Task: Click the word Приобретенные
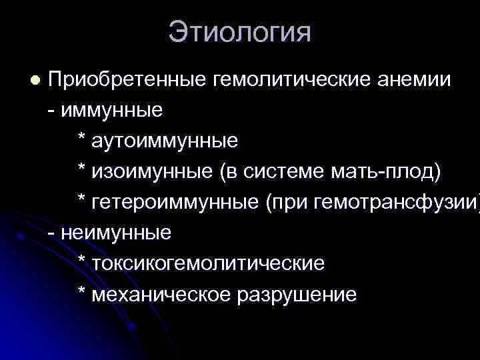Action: tap(128, 80)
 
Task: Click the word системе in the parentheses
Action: tap(287, 172)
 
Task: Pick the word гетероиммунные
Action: tap(174, 203)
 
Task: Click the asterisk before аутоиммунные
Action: tap(81, 140)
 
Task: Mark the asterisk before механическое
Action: tap(81, 293)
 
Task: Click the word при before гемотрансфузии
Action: tap(283, 203)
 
